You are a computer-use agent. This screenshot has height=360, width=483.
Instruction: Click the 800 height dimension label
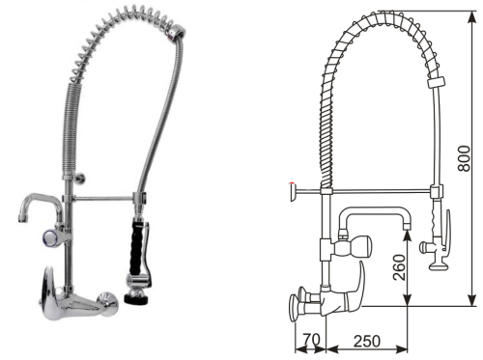(x=464, y=158)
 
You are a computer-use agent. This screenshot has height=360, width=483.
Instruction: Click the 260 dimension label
(x=399, y=267)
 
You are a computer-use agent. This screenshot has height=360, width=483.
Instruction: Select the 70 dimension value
(x=312, y=340)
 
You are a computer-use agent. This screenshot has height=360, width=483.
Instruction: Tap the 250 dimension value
(x=367, y=341)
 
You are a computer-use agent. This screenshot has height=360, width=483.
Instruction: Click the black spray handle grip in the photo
(x=135, y=247)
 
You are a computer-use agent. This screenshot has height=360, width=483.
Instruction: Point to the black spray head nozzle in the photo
(x=137, y=296)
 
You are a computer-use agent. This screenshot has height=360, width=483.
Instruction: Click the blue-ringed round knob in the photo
(x=50, y=238)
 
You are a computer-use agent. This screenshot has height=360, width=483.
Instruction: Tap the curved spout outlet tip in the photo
(x=22, y=219)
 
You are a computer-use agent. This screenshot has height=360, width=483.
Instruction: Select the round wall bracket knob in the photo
(x=80, y=179)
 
